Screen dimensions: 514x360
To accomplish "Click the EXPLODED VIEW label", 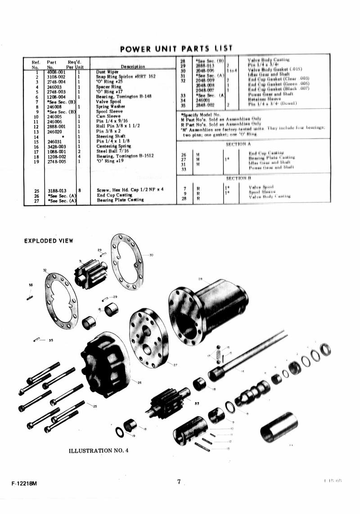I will [x=48, y=241].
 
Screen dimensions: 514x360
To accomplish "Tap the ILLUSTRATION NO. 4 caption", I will [x=99, y=451].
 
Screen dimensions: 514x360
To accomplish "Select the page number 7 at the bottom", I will [x=179, y=482].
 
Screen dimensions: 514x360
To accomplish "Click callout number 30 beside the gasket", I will [x=151, y=255].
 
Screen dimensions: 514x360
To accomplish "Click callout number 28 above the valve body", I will [x=200, y=279].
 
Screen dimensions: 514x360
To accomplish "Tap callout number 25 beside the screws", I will [x=94, y=406].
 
